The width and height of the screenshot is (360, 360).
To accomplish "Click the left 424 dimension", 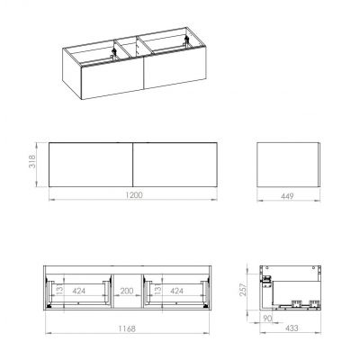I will [x=79, y=292].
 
